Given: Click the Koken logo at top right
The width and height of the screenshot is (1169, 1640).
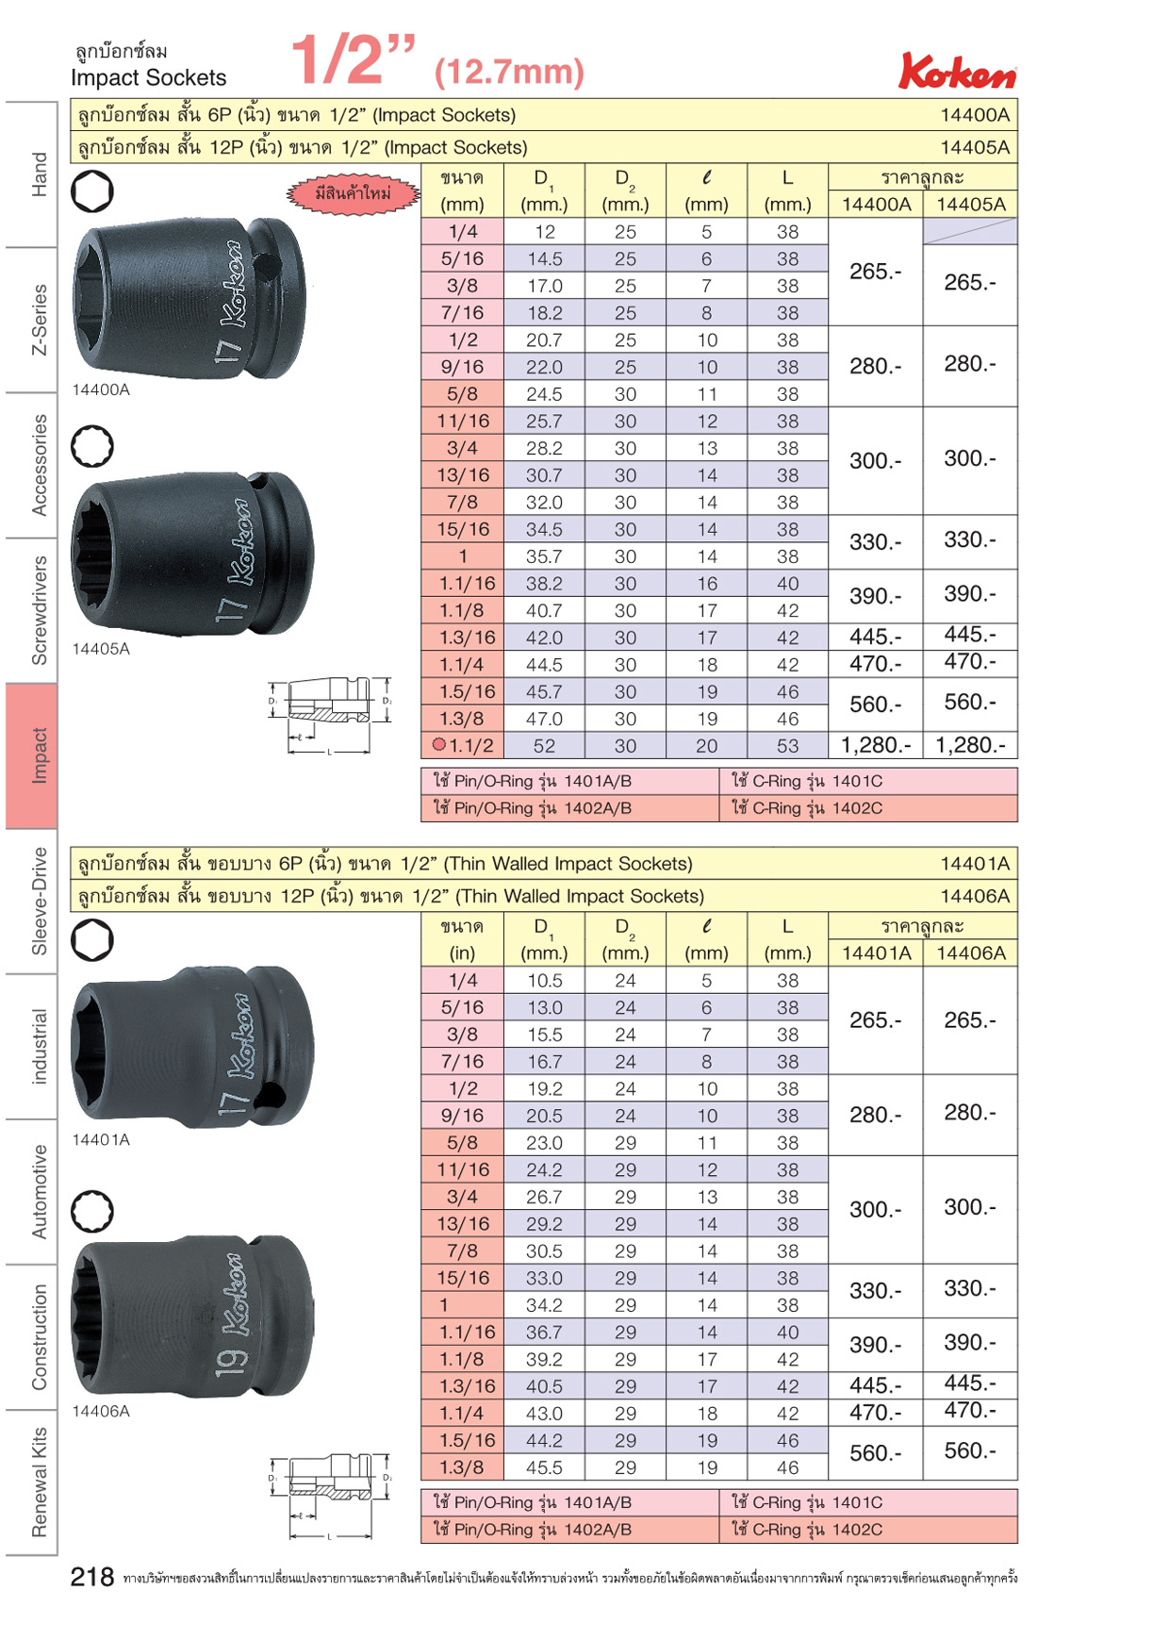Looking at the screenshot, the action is pyautogui.click(x=957, y=72).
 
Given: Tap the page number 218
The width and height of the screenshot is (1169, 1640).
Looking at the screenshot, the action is pyautogui.click(x=92, y=1577).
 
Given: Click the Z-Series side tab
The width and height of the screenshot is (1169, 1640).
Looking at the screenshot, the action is pyautogui.click(x=39, y=320).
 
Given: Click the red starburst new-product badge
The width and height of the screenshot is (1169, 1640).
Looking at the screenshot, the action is pyautogui.click(x=353, y=194).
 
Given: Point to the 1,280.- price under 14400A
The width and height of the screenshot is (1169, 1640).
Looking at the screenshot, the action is pyautogui.click(x=876, y=745).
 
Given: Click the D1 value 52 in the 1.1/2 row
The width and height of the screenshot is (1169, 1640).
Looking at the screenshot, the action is pyautogui.click(x=544, y=746).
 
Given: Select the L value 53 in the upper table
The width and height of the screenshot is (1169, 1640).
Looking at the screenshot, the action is pyautogui.click(x=787, y=746).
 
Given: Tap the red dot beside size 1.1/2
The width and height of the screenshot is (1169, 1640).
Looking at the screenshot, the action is pyautogui.click(x=438, y=744).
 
